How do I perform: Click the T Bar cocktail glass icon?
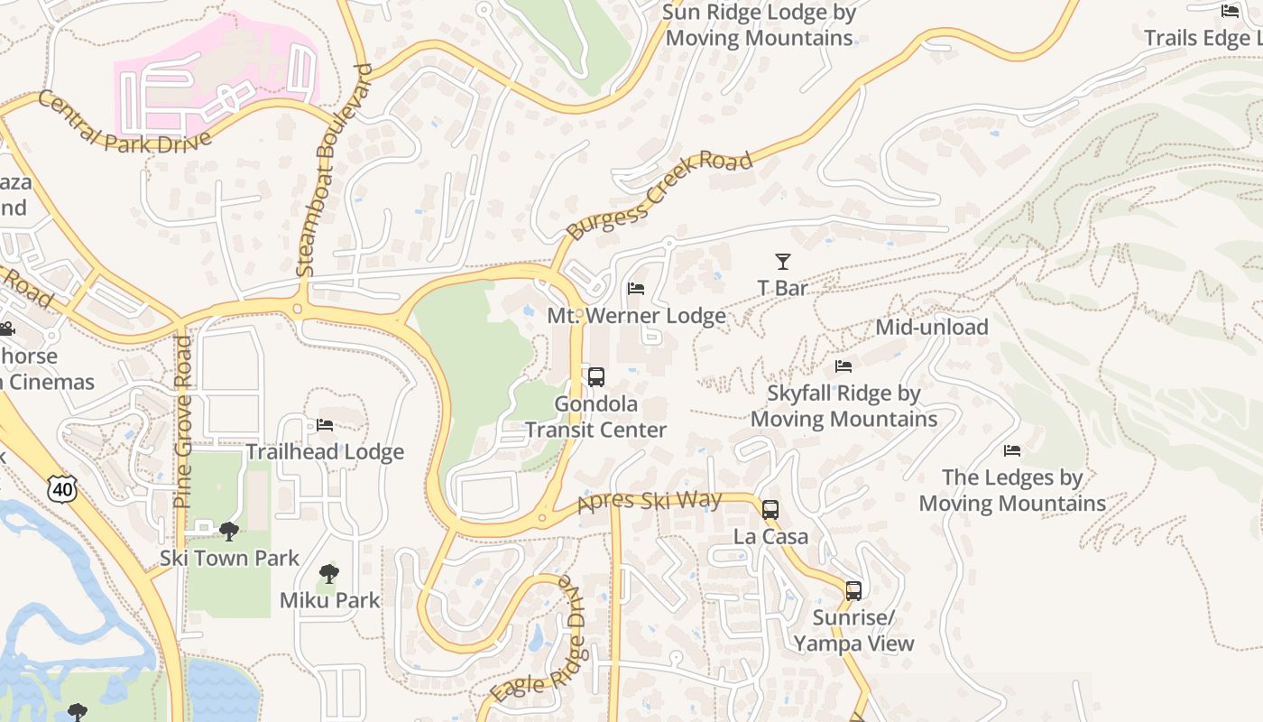click(782, 262)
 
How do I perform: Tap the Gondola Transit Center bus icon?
click(595, 377)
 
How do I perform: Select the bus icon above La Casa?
click(770, 510)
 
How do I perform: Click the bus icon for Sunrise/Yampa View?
click(853, 591)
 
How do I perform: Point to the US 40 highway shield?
click(62, 488)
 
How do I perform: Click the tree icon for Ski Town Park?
click(229, 532)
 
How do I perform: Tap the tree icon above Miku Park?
click(329, 573)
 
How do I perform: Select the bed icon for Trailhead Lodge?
click(325, 425)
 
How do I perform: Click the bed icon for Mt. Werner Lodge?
click(636, 289)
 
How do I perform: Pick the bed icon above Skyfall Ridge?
click(844, 366)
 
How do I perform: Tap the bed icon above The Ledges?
click(1012, 450)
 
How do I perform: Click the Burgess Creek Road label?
click(659, 197)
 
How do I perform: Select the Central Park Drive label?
click(124, 124)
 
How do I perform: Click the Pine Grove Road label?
click(183, 421)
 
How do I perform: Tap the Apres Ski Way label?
click(650, 502)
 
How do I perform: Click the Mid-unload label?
click(932, 327)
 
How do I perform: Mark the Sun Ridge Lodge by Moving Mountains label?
click(759, 25)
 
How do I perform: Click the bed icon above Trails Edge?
click(1230, 11)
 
